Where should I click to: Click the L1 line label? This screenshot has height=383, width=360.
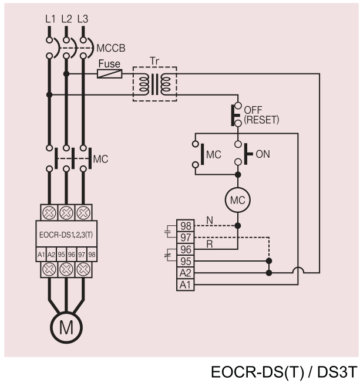pyautogui.click(x=51, y=19)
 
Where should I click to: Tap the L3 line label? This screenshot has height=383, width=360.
pyautogui.click(x=83, y=19)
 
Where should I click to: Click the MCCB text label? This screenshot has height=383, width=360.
pyautogui.click(x=111, y=48)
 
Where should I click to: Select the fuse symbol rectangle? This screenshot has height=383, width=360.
pyautogui.click(x=110, y=73)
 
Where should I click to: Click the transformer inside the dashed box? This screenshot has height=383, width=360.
pyautogui.click(x=155, y=84)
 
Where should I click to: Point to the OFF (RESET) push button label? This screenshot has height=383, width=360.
pyautogui.click(x=261, y=115)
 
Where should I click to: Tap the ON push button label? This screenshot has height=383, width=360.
pyautogui.click(x=263, y=154)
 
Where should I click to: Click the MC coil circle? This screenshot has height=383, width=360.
pyautogui.click(x=238, y=200)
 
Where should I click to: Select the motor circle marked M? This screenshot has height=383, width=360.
pyautogui.click(x=66, y=327)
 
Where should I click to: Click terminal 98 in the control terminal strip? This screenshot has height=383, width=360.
pyautogui.click(x=186, y=226)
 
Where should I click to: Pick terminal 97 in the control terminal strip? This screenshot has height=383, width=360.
pyautogui.click(x=186, y=238)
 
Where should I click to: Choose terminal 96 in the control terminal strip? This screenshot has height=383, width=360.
pyautogui.click(x=186, y=249)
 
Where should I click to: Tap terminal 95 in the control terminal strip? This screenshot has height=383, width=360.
pyautogui.click(x=186, y=261)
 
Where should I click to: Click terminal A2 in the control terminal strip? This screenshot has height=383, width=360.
pyautogui.click(x=186, y=273)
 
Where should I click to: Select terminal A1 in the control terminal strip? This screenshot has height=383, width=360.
pyautogui.click(x=186, y=285)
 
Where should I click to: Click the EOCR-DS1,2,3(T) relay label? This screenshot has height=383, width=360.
pyautogui.click(x=66, y=235)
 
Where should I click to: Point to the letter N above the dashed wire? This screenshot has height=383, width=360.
pyautogui.click(x=210, y=221)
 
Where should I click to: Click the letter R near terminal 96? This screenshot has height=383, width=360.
pyautogui.click(x=210, y=244)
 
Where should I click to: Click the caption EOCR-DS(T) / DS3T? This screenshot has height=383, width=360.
pyautogui.click(x=284, y=372)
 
